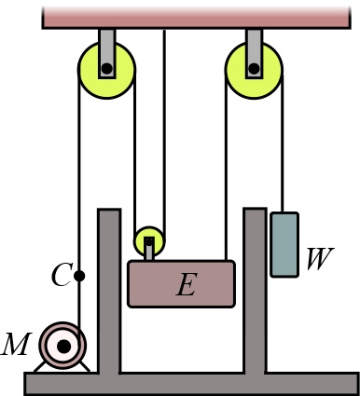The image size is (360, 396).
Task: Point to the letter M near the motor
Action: (x=16, y=345)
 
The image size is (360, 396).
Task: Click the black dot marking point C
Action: (x=79, y=276)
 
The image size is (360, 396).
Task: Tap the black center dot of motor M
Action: (x=63, y=347)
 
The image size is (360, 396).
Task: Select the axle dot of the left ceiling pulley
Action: (x=107, y=68)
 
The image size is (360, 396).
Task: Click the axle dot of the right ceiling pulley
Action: (x=253, y=68)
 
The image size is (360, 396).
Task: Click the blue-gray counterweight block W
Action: (x=284, y=244)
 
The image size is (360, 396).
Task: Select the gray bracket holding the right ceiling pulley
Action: (x=254, y=43)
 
